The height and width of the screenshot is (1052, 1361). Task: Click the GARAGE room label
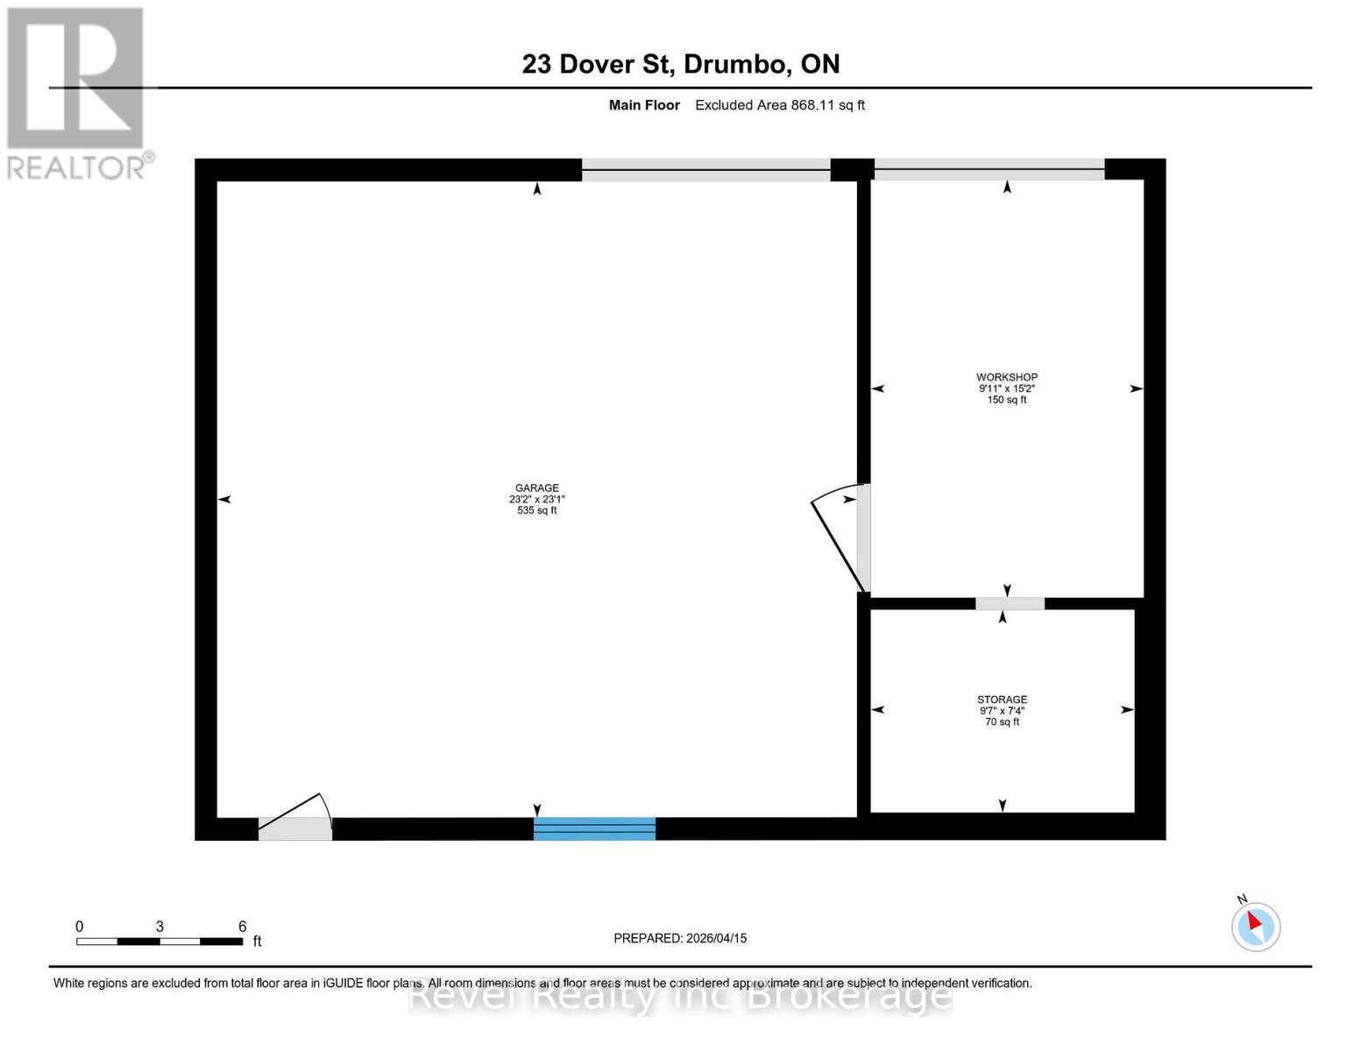[x=536, y=488]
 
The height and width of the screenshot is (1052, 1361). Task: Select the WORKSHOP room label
[x=1007, y=377]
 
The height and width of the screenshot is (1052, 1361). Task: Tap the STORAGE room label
[x=1002, y=700]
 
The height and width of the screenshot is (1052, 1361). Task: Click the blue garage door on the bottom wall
[x=594, y=828]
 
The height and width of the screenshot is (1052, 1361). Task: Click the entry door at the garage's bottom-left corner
[x=295, y=824]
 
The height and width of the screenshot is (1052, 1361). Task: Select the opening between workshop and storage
[x=1010, y=603]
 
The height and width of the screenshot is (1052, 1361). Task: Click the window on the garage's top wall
[x=705, y=170]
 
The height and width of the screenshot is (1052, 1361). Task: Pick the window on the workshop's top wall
[x=989, y=170]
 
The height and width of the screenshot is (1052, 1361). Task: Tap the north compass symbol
[x=1256, y=926]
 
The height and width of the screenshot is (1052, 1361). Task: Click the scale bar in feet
[x=159, y=941]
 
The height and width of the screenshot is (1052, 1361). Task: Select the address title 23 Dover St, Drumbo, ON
[x=681, y=64]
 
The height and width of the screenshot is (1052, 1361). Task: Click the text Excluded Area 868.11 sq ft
[x=780, y=105]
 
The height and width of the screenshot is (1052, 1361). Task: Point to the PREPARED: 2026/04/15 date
[x=680, y=938]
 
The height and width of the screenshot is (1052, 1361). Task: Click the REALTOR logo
[x=77, y=92]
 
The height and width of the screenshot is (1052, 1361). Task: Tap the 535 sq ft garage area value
[x=536, y=510]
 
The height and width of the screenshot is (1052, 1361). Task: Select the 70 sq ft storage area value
[x=1002, y=721]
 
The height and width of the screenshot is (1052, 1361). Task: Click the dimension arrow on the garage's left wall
[x=224, y=499]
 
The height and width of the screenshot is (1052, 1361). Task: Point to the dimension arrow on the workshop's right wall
[x=1136, y=388]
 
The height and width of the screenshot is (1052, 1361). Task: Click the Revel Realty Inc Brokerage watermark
[x=680, y=997]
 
